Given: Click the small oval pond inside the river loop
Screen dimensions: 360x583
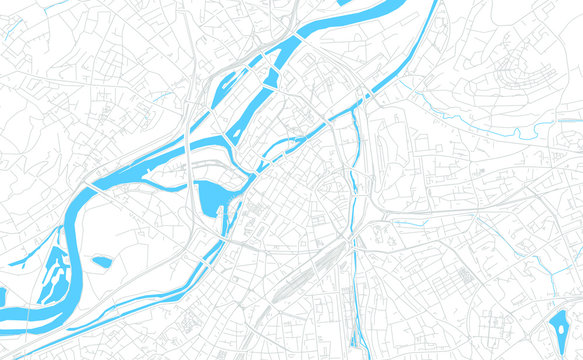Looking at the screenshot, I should point(102,262).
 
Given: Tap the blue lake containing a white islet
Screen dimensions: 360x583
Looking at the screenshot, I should point(557,326).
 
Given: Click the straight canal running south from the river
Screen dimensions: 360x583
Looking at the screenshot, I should point(354,200).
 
